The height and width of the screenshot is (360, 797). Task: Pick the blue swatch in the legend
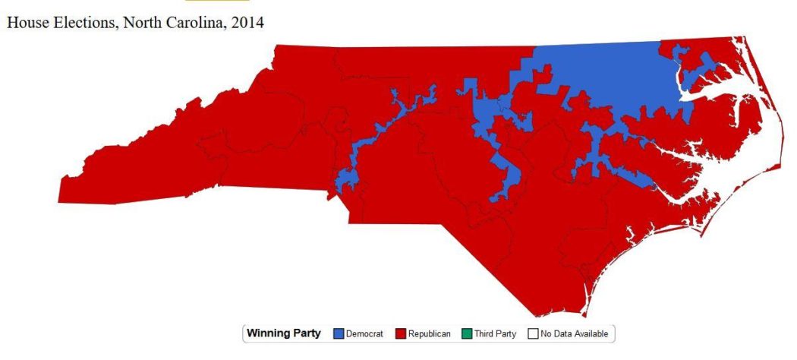point(339,333)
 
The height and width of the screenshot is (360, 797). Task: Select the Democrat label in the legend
point(365,333)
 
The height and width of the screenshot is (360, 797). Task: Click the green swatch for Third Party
point(466,333)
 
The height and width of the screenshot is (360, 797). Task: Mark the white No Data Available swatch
point(534,333)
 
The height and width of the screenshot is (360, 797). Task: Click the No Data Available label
point(573,333)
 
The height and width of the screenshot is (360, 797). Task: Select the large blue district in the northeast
point(607,76)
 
